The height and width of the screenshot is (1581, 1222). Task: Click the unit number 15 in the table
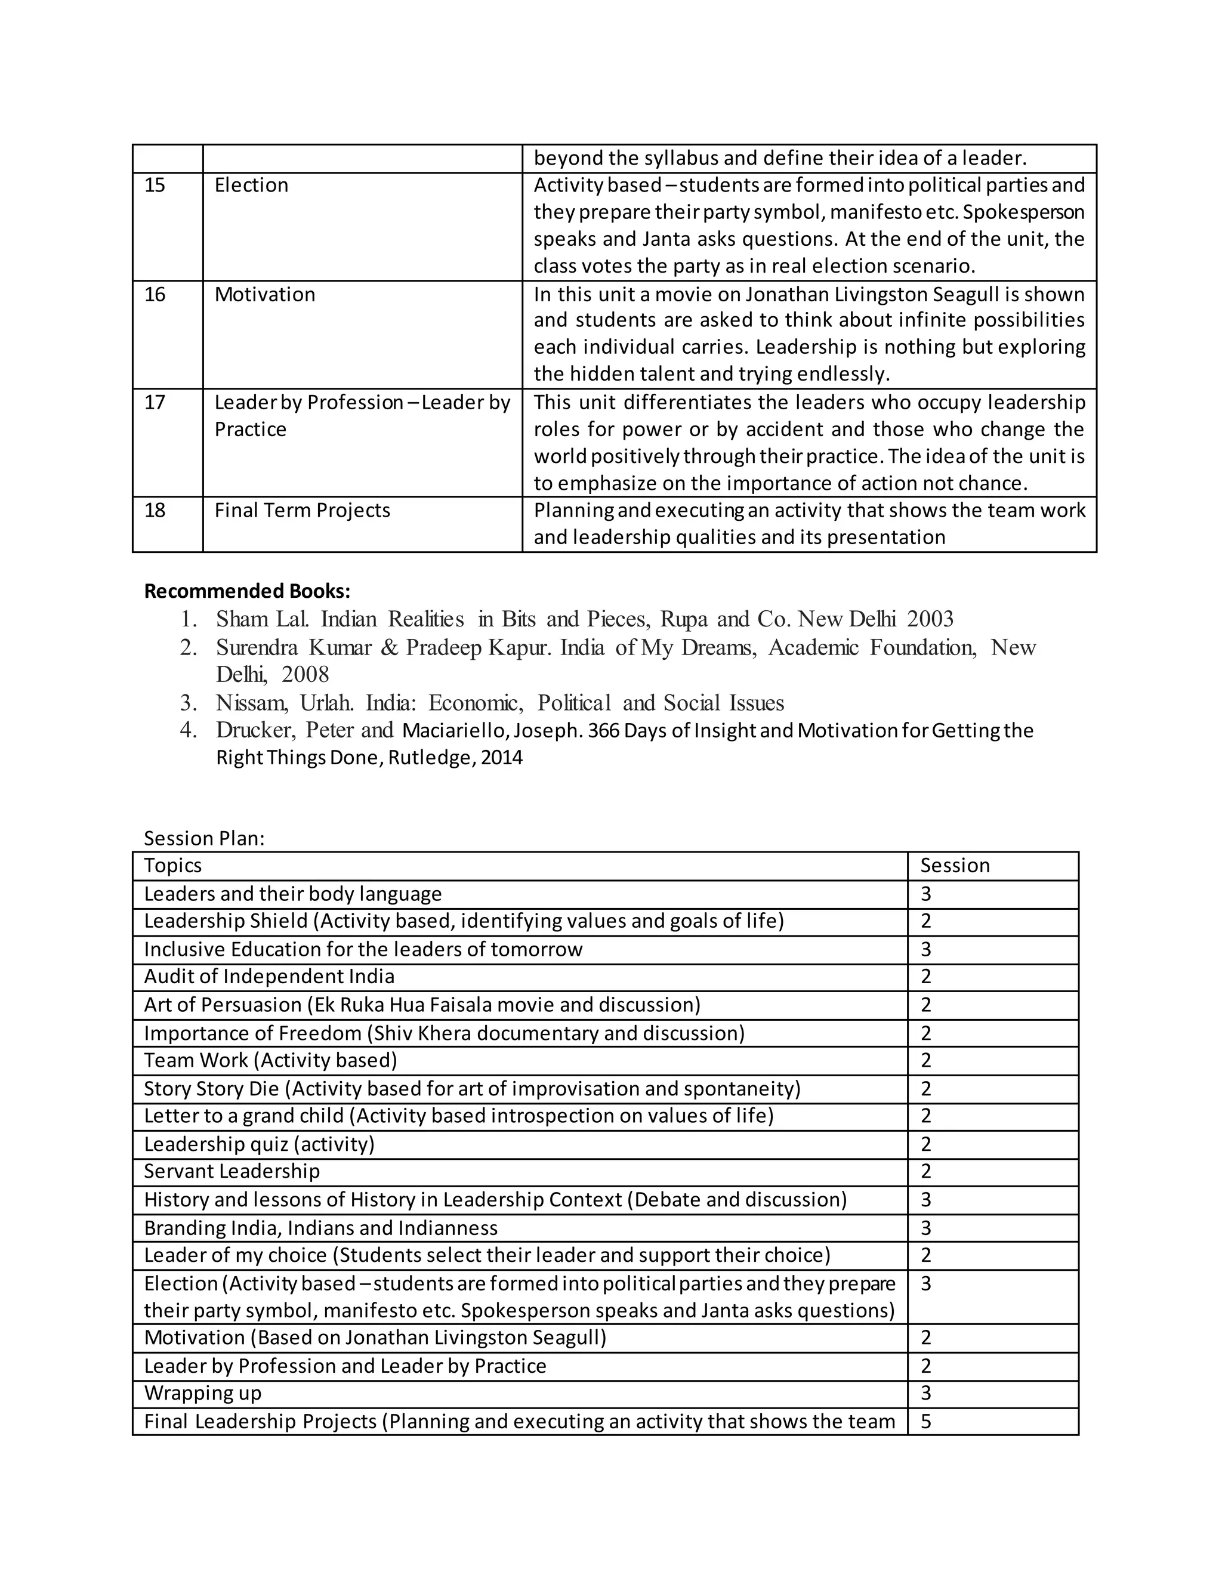pyautogui.click(x=155, y=186)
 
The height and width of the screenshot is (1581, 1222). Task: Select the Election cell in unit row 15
pyautogui.click(x=251, y=186)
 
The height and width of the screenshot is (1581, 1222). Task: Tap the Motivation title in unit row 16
pyautogui.click(x=265, y=295)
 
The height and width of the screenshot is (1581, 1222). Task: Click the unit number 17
pyautogui.click(x=155, y=403)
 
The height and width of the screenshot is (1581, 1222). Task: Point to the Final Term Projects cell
pyautogui.click(x=302, y=510)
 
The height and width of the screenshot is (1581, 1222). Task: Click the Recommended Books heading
pyautogui.click(x=247, y=591)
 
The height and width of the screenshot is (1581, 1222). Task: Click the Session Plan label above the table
pyautogui.click(x=204, y=838)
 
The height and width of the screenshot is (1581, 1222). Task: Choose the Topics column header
pyautogui.click(x=173, y=866)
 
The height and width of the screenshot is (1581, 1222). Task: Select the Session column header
pyautogui.click(x=954, y=866)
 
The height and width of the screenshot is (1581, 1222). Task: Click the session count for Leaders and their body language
pyautogui.click(x=926, y=894)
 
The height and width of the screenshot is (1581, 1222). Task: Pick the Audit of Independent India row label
pyautogui.click(x=269, y=977)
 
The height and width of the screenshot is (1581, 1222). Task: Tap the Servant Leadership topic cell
pyautogui.click(x=232, y=1171)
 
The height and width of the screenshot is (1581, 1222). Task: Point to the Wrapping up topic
pyautogui.click(x=203, y=1393)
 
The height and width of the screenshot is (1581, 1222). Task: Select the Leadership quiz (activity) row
pyautogui.click(x=259, y=1144)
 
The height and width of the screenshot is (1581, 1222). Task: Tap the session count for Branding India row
pyautogui.click(x=926, y=1228)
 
